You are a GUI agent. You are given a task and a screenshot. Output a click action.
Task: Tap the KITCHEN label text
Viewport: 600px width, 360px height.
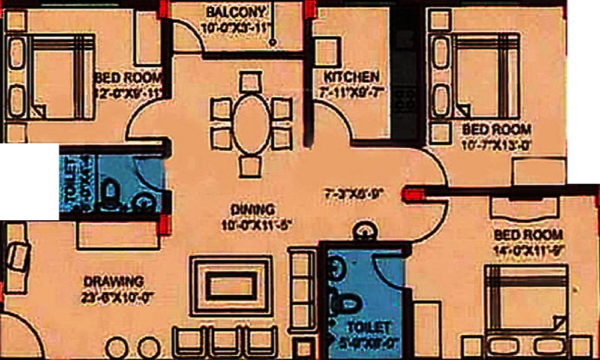[x=351, y=77]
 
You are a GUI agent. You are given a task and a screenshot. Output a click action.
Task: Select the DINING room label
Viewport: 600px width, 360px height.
[x=252, y=210]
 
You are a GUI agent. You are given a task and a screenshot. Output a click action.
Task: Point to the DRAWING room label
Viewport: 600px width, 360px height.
[x=114, y=281]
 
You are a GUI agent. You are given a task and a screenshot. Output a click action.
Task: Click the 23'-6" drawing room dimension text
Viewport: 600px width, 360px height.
[x=114, y=295]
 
